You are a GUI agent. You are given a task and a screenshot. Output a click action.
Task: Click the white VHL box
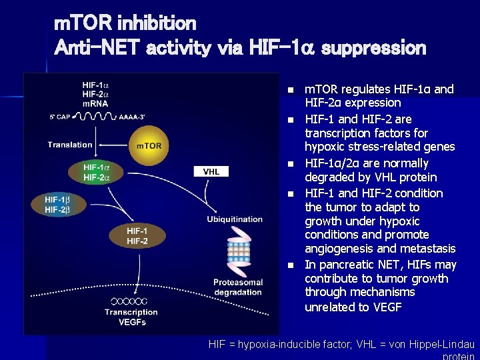pos(211,171)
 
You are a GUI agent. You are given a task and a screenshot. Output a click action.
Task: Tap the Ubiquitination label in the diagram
pos(235,219)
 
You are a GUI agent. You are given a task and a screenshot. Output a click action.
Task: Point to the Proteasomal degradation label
pos(238,287)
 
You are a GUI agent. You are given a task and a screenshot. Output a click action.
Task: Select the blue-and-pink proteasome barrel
pos(238,252)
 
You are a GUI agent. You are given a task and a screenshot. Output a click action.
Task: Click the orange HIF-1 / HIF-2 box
pos(137,235)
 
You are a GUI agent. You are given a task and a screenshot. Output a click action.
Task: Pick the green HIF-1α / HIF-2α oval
pos(95,171)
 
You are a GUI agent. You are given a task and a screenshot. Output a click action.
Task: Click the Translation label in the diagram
pos(70,145)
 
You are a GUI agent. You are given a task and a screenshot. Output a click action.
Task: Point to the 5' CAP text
pos(62,117)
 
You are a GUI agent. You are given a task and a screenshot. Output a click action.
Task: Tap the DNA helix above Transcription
pos(131,301)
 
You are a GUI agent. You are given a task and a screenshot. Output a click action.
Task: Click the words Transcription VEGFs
pos(131,317)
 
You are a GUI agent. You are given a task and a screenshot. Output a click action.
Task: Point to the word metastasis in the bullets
pos(428,249)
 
